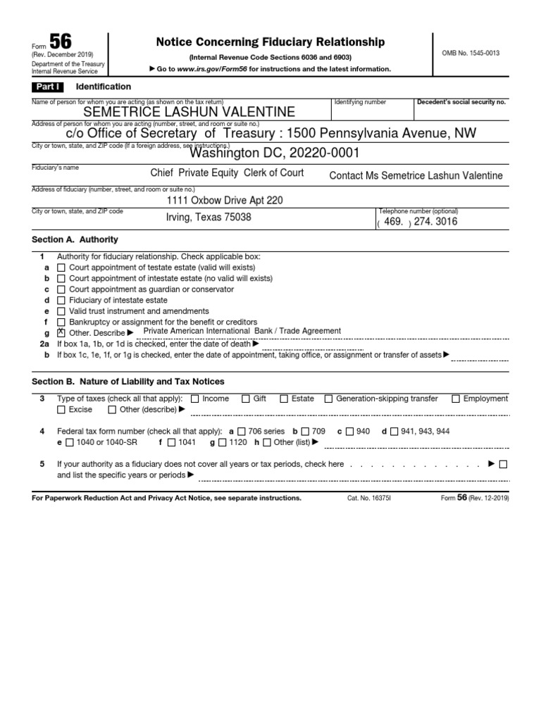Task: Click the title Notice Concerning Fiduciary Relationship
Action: coord(270,42)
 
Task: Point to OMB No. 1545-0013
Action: coord(471,54)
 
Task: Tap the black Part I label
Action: coord(47,87)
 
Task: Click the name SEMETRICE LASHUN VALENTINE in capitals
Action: coord(189,112)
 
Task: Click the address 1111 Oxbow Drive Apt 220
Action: coord(224,201)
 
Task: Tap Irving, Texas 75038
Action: coord(208,218)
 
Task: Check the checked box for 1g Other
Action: coord(61,332)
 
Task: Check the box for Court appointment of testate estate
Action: coord(61,268)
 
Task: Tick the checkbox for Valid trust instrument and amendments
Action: coord(61,311)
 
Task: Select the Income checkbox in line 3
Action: coord(195,399)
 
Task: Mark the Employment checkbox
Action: coord(456,399)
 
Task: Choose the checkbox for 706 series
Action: coord(242,431)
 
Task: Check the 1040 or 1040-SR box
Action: coord(70,442)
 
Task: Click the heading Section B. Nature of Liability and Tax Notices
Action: coord(128,382)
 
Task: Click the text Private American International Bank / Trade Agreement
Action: coord(242,331)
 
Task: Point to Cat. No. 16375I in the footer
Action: coord(368,498)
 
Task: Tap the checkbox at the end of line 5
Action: coord(502,464)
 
